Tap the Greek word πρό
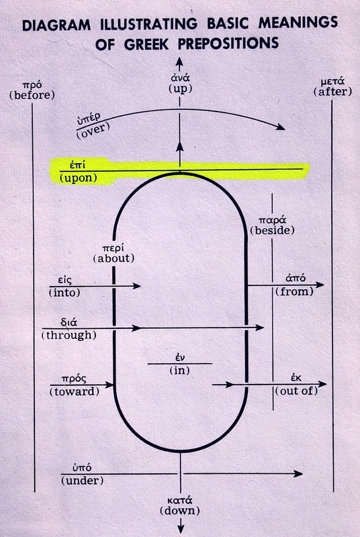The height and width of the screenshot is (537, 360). (x=32, y=85)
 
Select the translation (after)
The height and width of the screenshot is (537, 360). (x=332, y=92)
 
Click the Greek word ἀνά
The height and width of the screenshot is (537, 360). (x=180, y=78)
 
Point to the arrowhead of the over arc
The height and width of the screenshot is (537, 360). (x=281, y=127)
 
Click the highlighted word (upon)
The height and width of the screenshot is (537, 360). (x=78, y=178)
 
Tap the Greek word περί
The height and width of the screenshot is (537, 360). (x=114, y=248)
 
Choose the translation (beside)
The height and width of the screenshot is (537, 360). (x=272, y=230)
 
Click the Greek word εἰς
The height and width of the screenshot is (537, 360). (x=64, y=280)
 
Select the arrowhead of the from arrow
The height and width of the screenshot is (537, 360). (x=320, y=285)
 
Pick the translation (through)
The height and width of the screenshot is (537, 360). (x=69, y=335)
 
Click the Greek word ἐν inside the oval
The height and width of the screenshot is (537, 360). (x=180, y=358)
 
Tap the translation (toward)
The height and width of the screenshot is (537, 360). (x=75, y=391)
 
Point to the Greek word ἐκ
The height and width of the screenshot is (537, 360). (x=296, y=378)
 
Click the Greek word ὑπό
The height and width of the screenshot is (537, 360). (x=82, y=468)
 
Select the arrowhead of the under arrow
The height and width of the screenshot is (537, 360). (x=298, y=474)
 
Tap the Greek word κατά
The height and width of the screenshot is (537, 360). (x=180, y=500)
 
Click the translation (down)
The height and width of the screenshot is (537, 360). (x=180, y=511)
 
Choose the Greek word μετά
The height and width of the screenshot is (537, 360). (x=332, y=82)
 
